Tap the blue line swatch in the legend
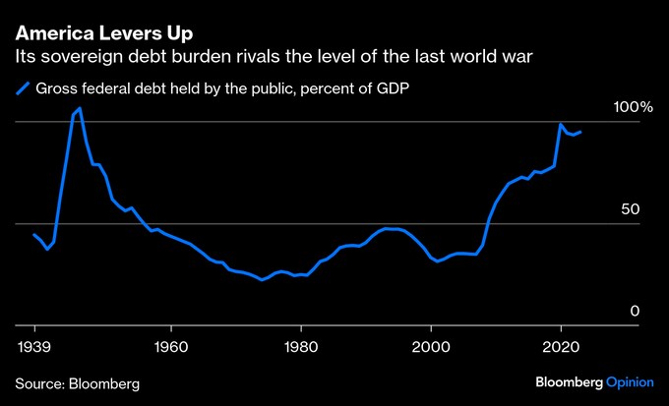24,88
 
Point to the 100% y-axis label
621,106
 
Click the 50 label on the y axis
631,209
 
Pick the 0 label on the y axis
635,311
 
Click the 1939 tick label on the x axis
35,346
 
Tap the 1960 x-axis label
171,346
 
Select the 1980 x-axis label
301,346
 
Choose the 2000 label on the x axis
431,346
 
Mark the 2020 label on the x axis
561,346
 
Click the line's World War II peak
80,108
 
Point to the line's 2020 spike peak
561,125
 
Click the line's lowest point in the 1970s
262,280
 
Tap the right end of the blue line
580,132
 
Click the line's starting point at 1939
34,235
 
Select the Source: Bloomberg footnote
77,381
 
